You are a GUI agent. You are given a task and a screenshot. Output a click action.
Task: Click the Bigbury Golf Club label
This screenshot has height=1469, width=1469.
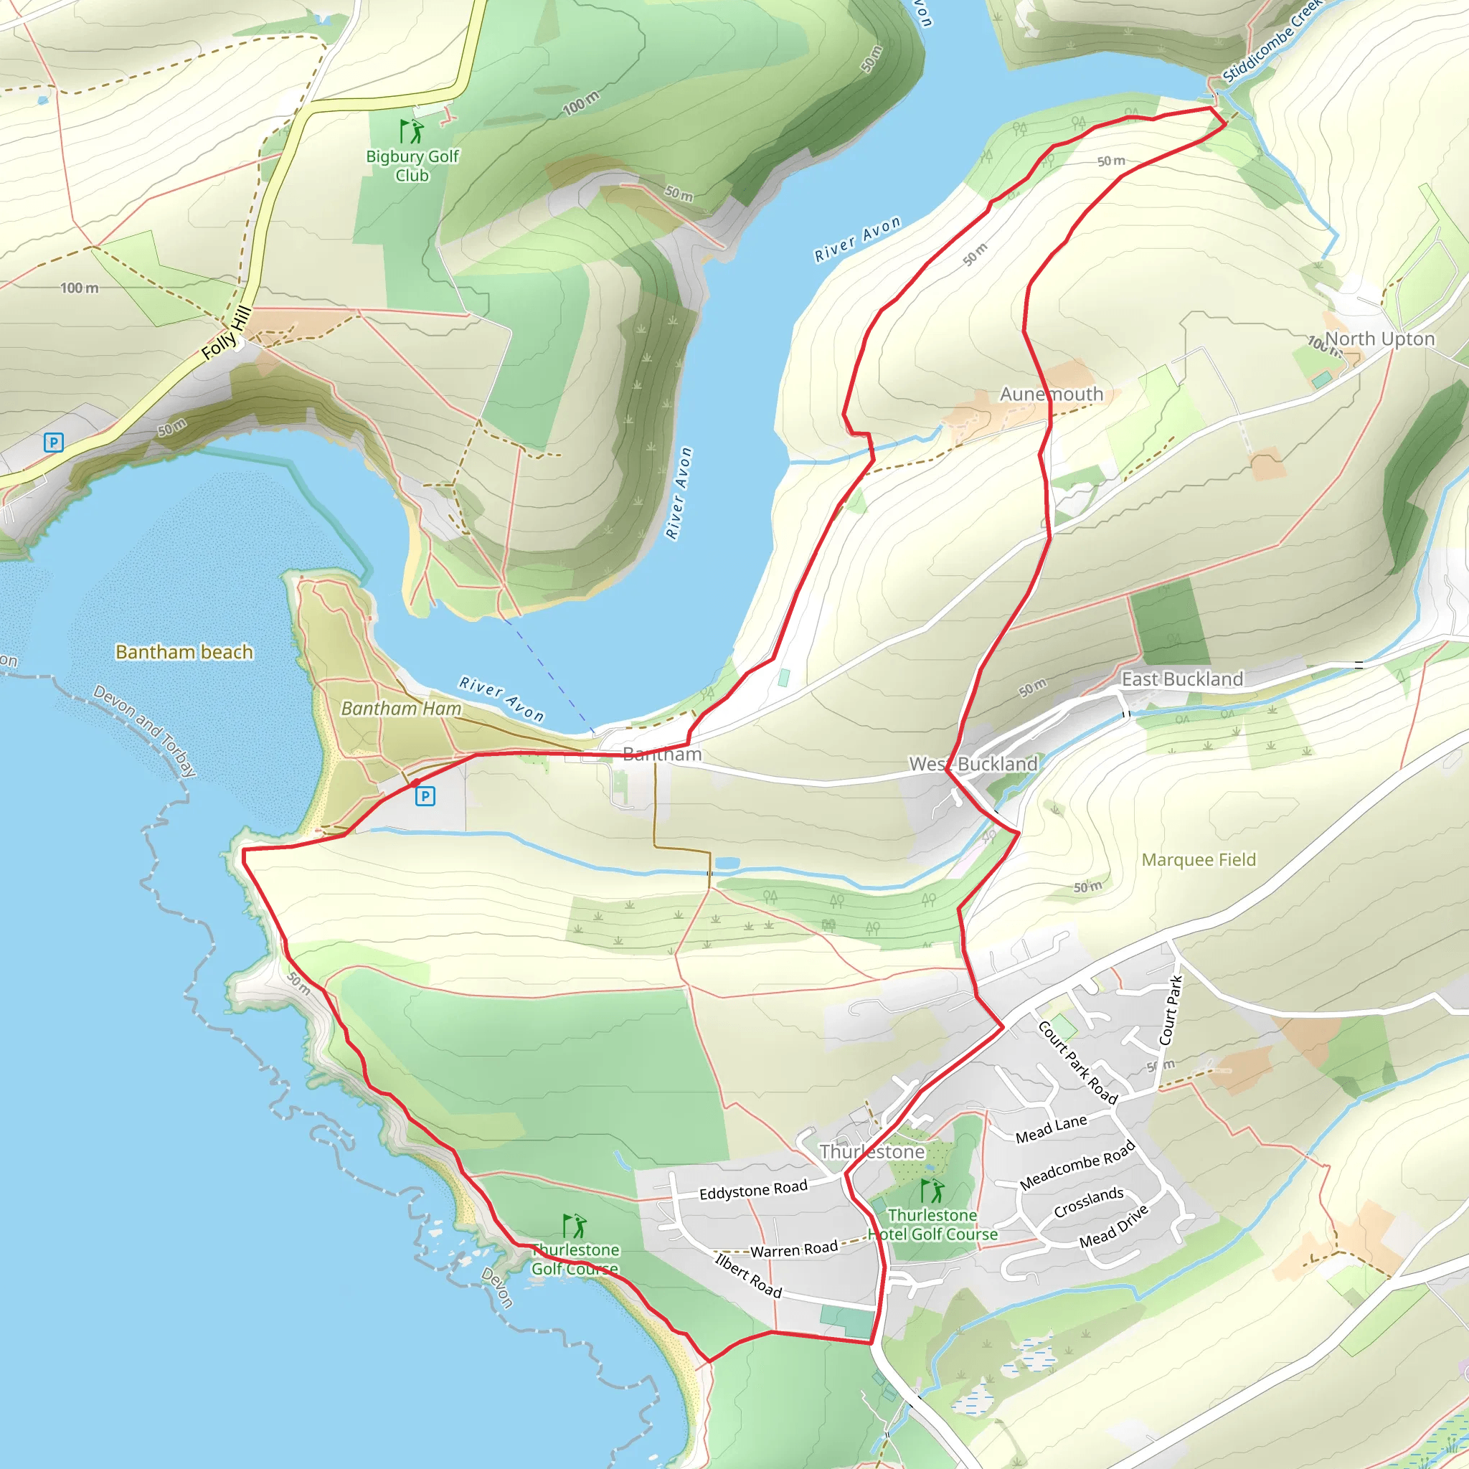click(412, 166)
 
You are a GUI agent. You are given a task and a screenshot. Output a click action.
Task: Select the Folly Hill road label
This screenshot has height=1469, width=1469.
click(226, 333)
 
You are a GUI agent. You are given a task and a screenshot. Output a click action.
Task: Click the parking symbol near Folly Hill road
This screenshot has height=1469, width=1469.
click(53, 443)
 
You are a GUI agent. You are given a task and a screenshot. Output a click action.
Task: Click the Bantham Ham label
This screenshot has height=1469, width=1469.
click(401, 709)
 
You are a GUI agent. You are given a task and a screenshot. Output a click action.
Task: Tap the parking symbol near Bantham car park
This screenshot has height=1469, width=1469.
click(425, 796)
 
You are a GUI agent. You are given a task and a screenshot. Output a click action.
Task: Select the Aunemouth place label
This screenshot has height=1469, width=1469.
click(1051, 394)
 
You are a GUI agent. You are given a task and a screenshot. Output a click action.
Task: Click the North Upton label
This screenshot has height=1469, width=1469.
click(1379, 339)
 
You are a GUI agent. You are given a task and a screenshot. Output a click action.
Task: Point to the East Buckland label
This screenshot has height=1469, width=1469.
click(1182, 679)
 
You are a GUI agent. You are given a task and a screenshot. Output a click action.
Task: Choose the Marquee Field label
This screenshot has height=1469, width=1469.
click(1199, 860)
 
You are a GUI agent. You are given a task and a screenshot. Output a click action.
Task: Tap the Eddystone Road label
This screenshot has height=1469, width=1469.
click(752, 1191)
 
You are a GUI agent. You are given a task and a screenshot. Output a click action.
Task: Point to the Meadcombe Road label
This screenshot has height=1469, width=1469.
click(1077, 1165)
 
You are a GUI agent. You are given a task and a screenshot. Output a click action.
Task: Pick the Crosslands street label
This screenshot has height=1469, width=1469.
click(1088, 1201)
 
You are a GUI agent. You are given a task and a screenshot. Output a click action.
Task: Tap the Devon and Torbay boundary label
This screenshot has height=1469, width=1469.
click(144, 731)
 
